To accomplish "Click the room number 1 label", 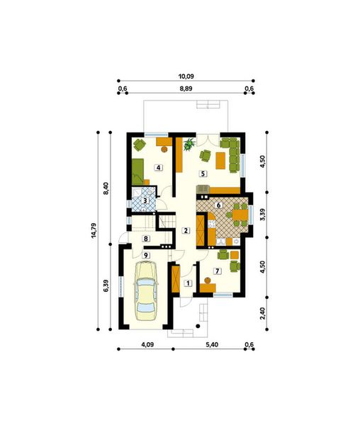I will coord(187,283).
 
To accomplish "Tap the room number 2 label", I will coord(185,230).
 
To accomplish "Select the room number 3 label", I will coord(145,201).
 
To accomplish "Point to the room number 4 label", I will coord(159,167).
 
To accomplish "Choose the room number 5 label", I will coord(202,174).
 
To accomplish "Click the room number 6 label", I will coord(219,205).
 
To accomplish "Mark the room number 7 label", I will coord(217,271).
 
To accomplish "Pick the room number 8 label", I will coord(145,239).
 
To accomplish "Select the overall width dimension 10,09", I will coord(186,74).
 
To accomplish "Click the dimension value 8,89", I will coord(186,89).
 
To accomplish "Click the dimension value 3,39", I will coord(263,215).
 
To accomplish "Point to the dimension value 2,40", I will coord(263,312).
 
